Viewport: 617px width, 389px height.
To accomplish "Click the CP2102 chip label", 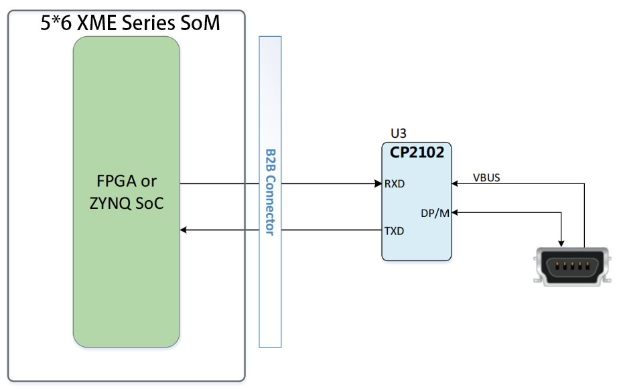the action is (417, 152).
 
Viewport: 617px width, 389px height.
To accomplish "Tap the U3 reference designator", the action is (398, 133).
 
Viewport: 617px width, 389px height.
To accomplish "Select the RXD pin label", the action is (395, 183).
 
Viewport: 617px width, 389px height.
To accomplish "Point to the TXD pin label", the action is (394, 231).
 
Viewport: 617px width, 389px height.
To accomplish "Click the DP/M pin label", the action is (435, 213).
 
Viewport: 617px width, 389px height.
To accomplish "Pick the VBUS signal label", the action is (486, 178).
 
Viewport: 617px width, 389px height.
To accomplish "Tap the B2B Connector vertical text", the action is (271, 192).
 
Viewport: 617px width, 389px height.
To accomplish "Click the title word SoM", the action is (200, 22).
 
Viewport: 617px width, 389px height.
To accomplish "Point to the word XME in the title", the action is (96, 22).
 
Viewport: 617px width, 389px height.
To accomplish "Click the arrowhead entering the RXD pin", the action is (378, 183).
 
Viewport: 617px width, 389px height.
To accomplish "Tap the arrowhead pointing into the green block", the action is (184, 230).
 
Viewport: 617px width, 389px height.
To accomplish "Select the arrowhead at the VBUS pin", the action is (454, 183).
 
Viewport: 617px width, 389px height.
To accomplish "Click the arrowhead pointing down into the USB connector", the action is (561, 244).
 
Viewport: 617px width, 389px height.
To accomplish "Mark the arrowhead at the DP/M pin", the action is (454, 212).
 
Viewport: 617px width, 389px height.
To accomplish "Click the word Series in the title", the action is (148, 22).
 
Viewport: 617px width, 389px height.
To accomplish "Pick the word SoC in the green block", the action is (149, 204).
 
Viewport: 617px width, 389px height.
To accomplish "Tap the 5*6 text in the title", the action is (56, 22).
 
